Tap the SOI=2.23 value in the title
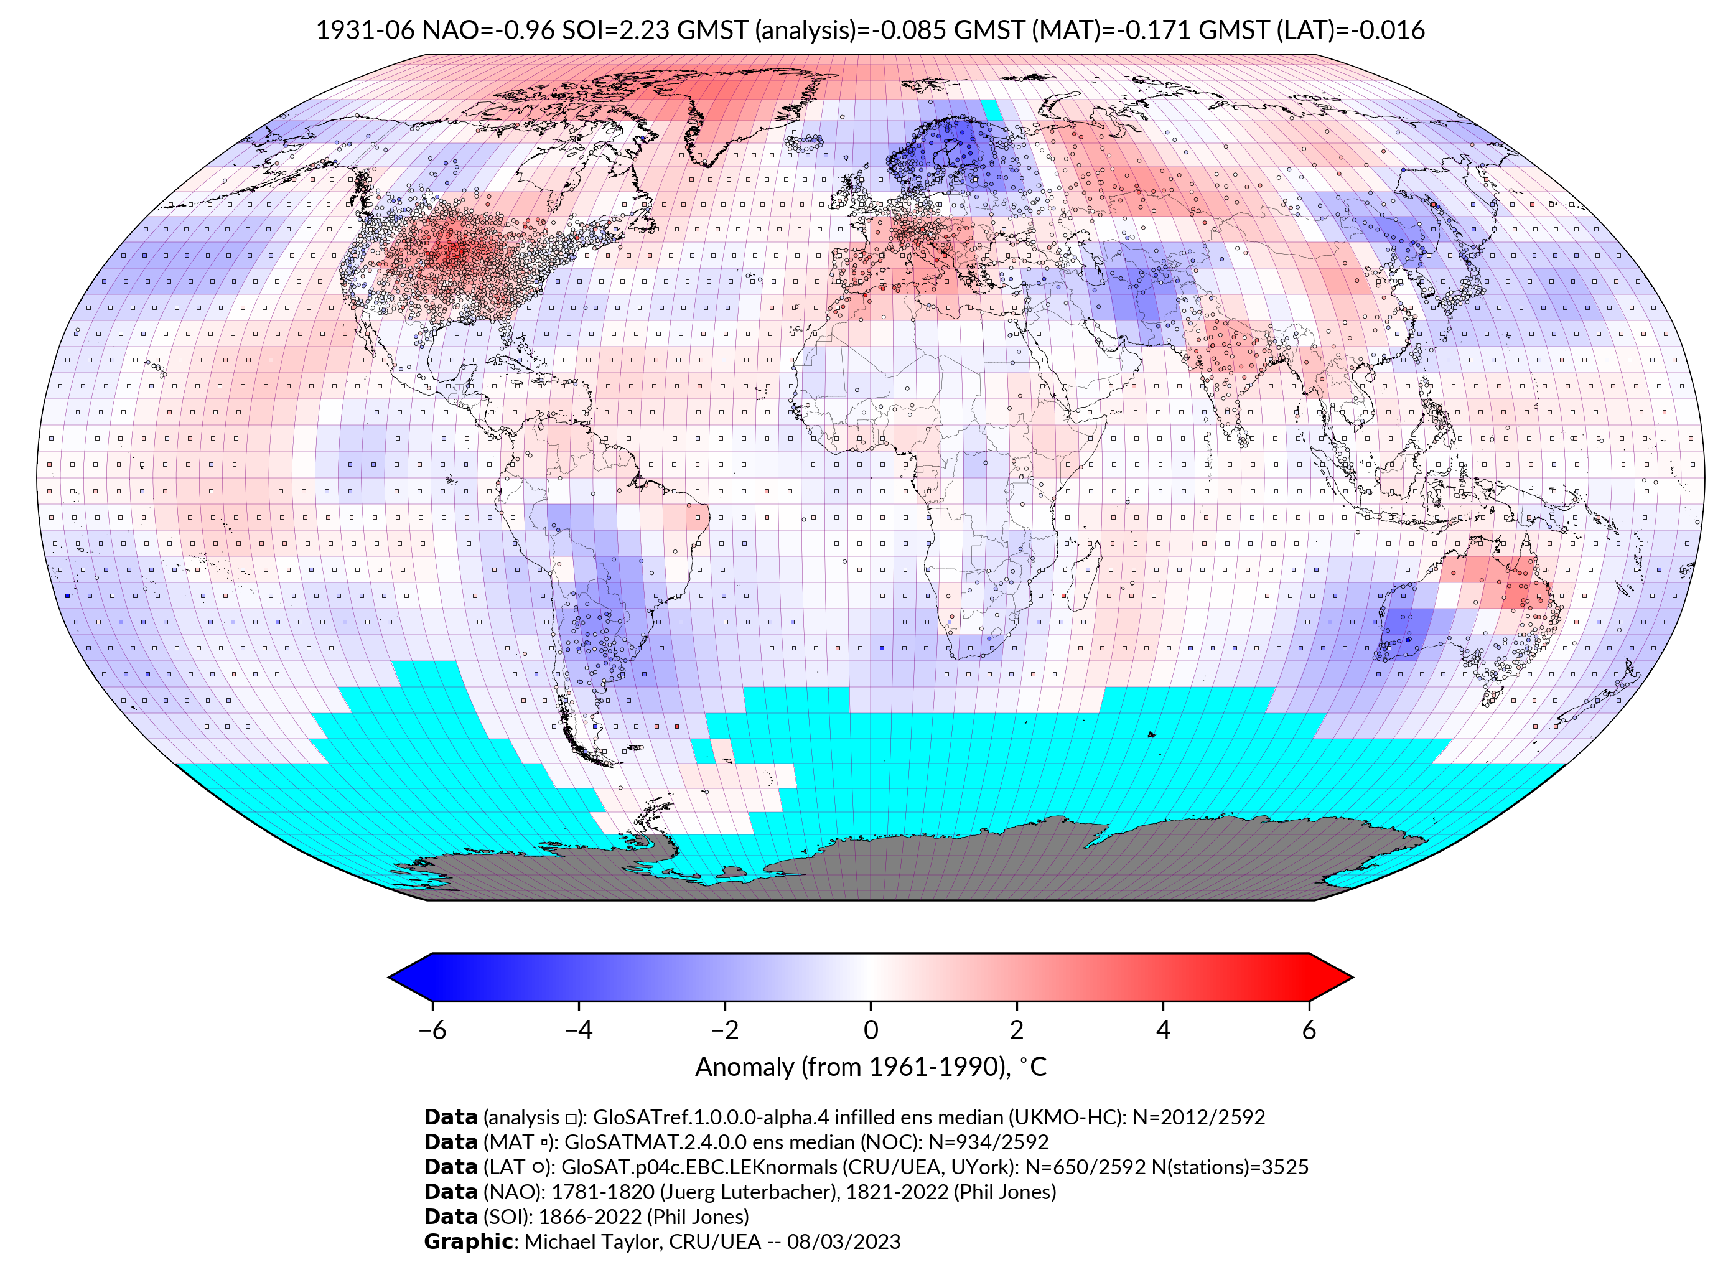[616, 30]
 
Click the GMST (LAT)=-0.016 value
[1312, 30]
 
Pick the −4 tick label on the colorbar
[578, 1030]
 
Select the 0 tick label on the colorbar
[871, 1030]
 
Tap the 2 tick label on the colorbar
[1017, 1030]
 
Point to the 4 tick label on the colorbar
[1163, 1030]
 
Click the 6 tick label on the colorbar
[1309, 1030]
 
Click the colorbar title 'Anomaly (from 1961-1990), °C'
[871, 1067]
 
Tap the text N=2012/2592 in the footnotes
[1198, 1118]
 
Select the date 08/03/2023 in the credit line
[844, 1241]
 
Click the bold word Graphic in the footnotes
[468, 1241]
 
